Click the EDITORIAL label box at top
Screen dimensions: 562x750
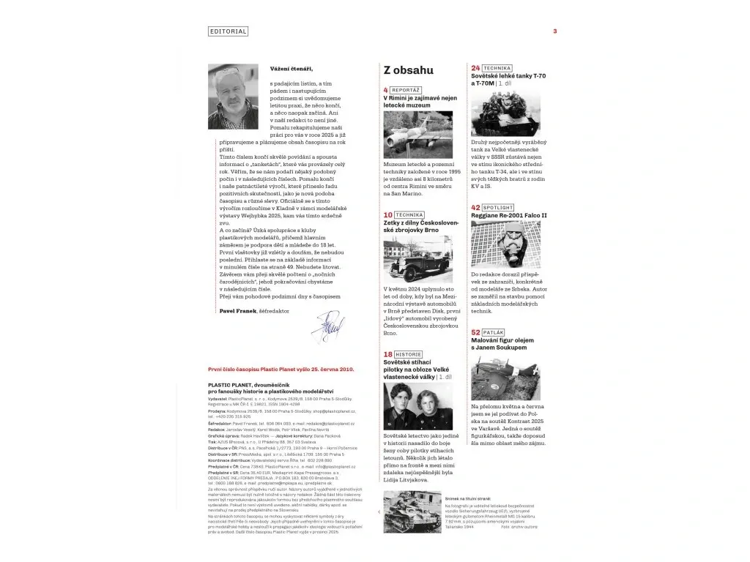point(228,31)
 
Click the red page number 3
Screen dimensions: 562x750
point(555,31)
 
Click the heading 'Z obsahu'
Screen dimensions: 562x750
point(408,70)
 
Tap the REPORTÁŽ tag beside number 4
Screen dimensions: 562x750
point(406,90)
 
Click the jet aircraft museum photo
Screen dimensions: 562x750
point(417,135)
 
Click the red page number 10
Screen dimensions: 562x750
point(388,215)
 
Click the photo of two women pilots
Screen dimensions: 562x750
point(417,406)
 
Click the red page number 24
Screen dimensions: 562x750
point(475,68)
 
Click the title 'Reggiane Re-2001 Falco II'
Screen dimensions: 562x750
point(513,216)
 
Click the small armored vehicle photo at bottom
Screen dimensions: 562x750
point(410,522)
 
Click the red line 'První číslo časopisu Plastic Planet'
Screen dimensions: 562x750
point(281,370)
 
